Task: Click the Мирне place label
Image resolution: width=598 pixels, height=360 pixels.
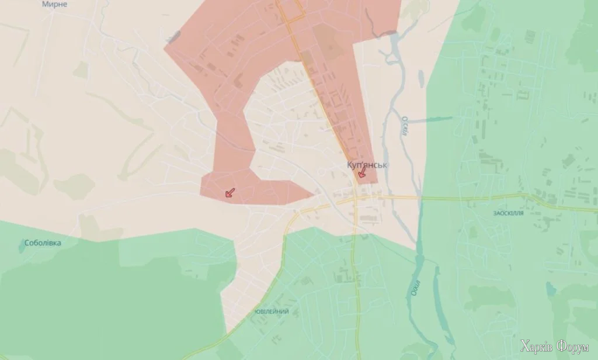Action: [x=55, y=4]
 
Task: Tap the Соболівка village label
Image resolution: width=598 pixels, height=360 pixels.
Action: [x=43, y=243]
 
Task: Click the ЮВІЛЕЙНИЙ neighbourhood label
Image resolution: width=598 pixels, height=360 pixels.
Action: [x=272, y=311]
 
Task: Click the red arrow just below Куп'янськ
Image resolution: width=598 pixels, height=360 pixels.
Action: [x=361, y=173]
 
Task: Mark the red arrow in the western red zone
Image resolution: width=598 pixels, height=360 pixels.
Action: [x=230, y=193]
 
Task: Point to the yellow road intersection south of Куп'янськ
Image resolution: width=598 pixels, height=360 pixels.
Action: [x=355, y=199]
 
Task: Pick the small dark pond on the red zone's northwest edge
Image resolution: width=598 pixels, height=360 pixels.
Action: [x=173, y=37]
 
